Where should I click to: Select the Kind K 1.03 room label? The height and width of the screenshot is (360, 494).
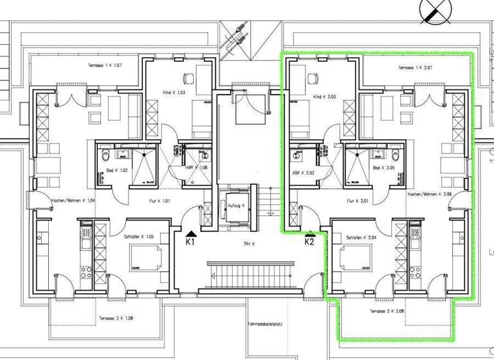pos(172,93)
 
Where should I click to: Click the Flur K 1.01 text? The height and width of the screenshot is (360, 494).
pos(157,201)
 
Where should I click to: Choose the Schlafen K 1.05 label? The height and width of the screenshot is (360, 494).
pos(140,237)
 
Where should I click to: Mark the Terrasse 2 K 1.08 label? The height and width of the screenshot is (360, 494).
pos(116,318)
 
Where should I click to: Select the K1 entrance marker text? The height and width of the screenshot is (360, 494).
pos(191,242)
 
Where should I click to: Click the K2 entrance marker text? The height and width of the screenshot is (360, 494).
pos(309,242)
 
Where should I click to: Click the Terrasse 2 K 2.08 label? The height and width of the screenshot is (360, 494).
pos(387,311)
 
